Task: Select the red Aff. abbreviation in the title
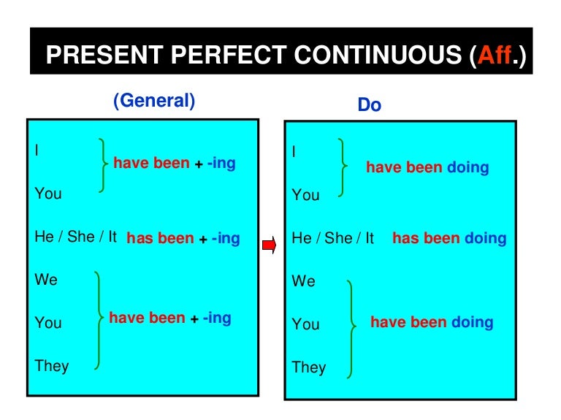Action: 496,56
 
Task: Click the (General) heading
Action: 154,101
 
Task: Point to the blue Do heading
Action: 369,105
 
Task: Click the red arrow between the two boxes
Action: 269,245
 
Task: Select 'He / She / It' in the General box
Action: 76,237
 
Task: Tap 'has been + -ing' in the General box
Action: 183,238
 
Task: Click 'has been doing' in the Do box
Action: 449,238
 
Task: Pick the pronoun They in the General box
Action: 52,365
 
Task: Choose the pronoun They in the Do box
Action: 309,367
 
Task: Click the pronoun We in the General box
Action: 46,280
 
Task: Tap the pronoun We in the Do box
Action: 303,281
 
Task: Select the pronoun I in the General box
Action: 37,150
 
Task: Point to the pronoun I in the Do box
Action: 294,152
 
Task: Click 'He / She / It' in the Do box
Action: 333,238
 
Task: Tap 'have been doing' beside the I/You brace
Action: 427,168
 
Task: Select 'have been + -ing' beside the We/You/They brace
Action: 169,318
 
